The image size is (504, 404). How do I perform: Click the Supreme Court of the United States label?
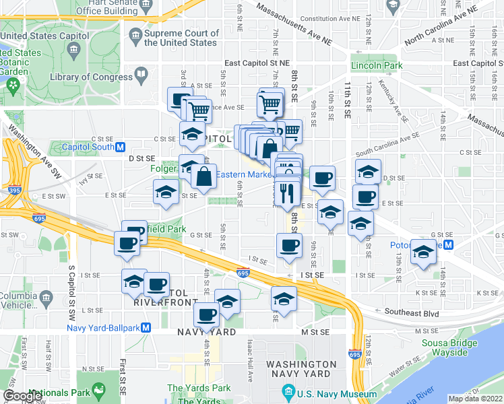point(181,38)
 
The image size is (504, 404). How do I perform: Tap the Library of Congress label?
point(91,77)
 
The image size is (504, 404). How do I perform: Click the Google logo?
point(22,395)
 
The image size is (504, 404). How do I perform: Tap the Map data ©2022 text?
point(475,399)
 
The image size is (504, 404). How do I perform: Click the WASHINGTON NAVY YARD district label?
point(301,369)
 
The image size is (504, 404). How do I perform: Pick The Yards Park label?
point(198,388)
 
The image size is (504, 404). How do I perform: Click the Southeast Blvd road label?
point(411,312)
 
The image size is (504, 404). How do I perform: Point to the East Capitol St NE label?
point(257,63)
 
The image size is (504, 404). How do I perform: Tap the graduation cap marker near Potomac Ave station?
point(423,253)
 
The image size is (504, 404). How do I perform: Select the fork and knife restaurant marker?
point(288,193)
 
